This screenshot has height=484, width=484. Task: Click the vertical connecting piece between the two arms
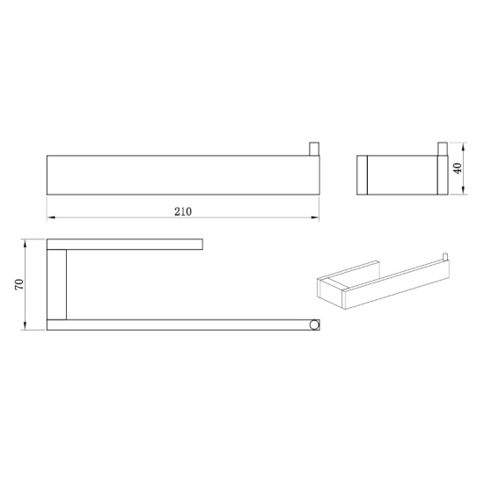click(56, 283)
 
